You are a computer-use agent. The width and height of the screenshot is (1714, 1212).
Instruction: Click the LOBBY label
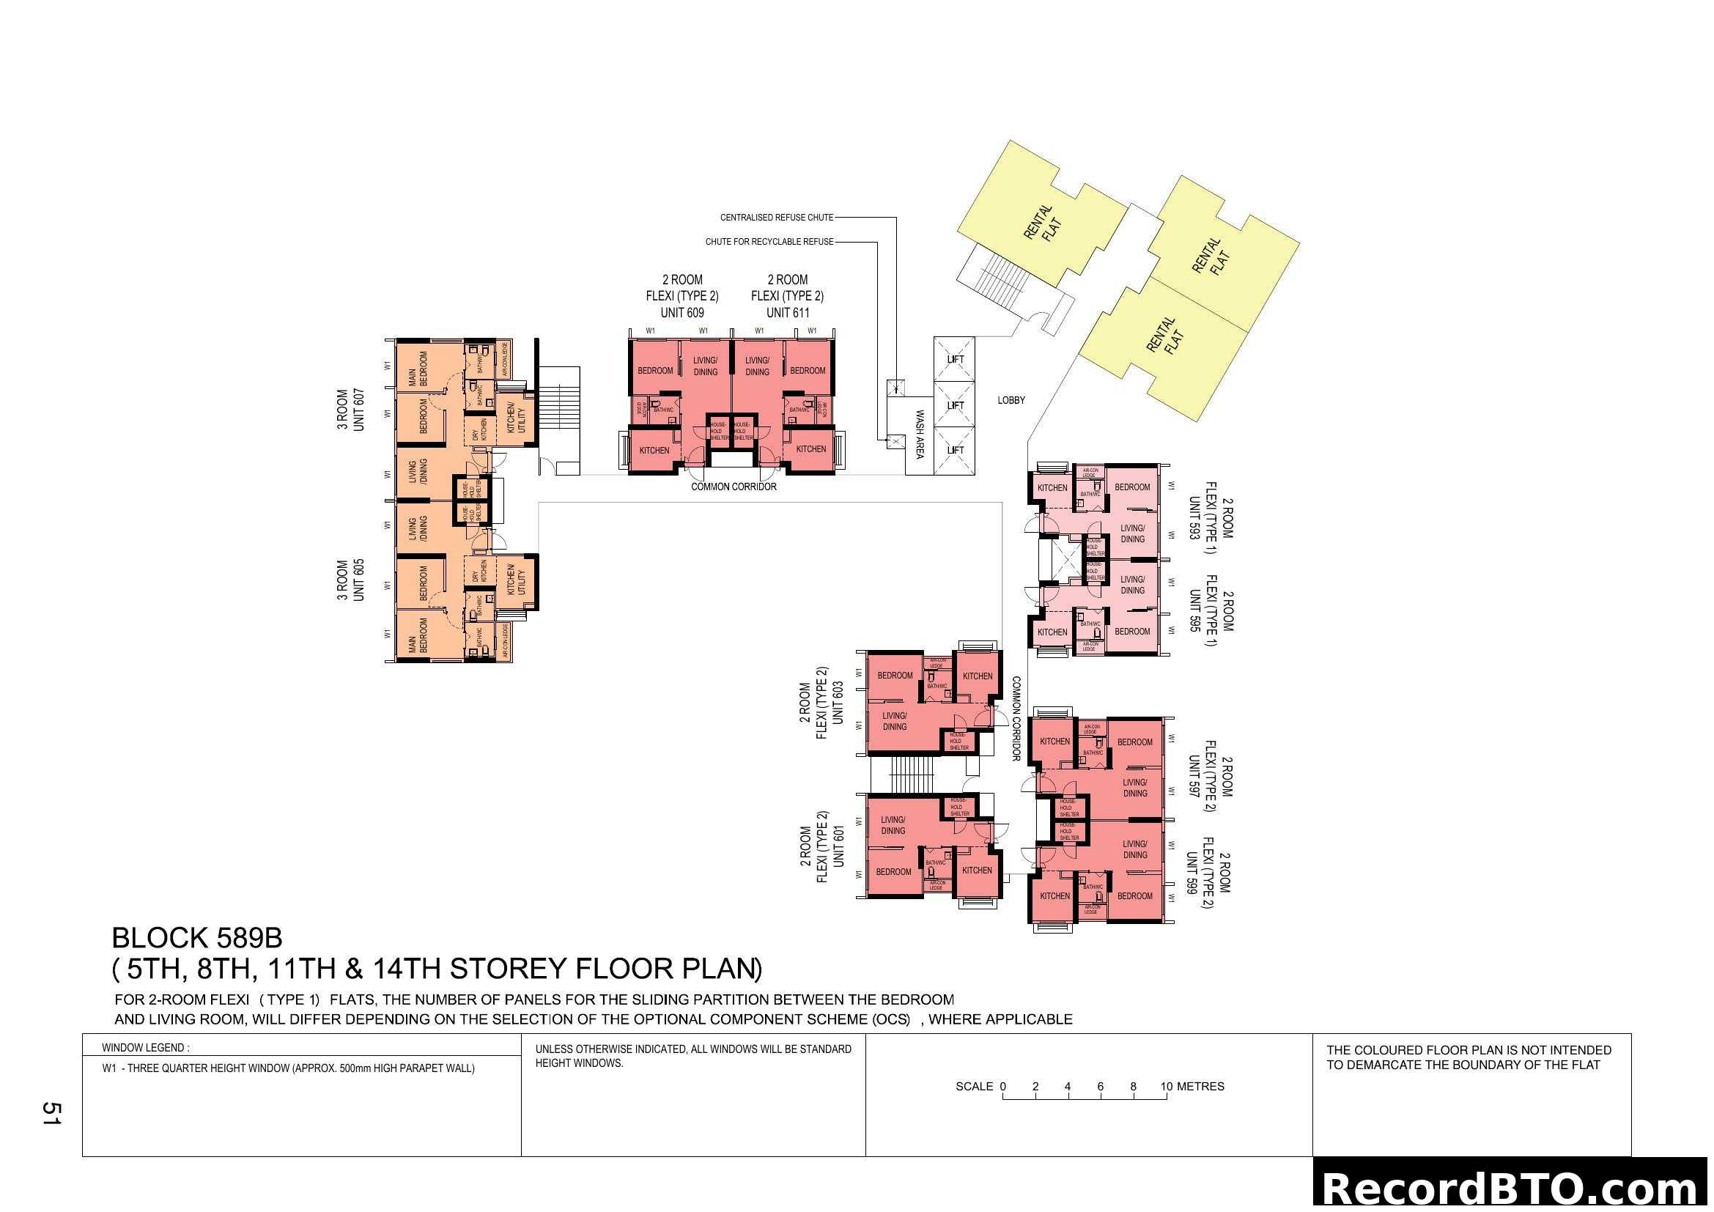click(1011, 401)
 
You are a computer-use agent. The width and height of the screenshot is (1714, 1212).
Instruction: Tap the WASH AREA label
click(920, 435)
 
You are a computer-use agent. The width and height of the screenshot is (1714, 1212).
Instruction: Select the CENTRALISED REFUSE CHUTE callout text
click(776, 218)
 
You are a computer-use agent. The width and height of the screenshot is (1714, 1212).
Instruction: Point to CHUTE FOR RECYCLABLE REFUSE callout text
click(769, 242)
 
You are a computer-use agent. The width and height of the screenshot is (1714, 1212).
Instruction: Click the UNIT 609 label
click(681, 314)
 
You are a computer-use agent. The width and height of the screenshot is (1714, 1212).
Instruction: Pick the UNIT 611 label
click(788, 314)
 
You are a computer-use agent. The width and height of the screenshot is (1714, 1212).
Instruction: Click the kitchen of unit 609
click(654, 451)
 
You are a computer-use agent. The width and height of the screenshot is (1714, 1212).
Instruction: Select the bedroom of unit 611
click(808, 371)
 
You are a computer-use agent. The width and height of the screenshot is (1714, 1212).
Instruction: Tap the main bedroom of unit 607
click(418, 369)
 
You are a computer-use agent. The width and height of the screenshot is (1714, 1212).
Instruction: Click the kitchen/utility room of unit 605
click(516, 580)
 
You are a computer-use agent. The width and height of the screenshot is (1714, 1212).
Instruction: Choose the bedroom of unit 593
click(1131, 487)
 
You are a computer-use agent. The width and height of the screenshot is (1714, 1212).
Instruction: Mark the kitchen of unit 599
click(1054, 896)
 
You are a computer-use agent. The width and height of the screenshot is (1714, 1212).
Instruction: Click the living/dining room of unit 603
click(894, 722)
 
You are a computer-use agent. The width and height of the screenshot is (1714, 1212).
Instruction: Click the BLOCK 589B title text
click(197, 938)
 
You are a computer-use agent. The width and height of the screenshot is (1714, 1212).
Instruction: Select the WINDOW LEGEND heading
click(146, 1048)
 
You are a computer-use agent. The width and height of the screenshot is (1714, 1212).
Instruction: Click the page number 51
click(51, 1114)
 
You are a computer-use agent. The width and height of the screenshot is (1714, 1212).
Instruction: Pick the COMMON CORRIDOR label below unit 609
click(733, 487)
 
